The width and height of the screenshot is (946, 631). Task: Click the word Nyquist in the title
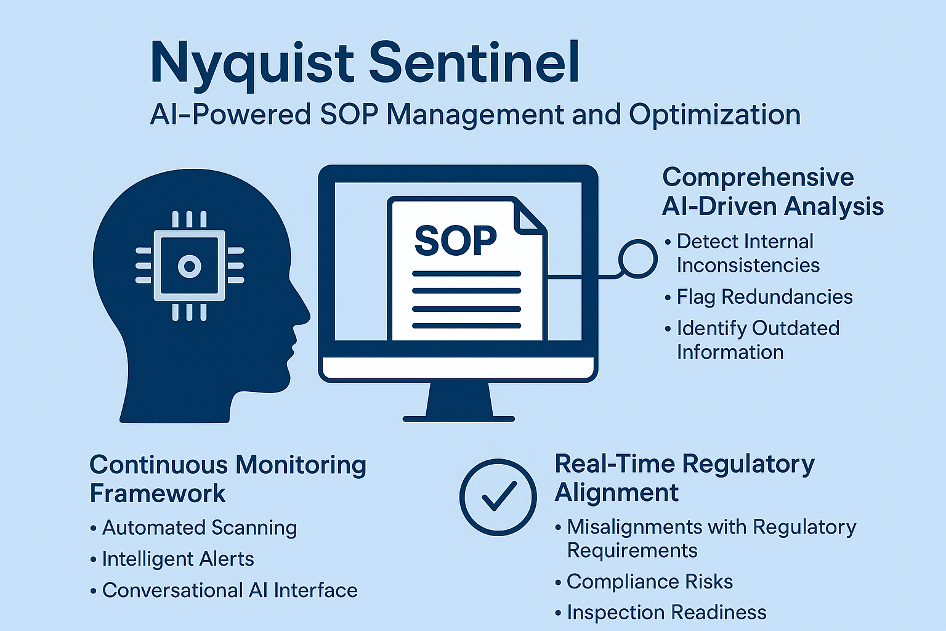[x=251, y=63]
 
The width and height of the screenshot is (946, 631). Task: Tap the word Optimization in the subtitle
[x=714, y=115]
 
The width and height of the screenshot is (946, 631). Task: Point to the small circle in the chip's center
[x=190, y=266]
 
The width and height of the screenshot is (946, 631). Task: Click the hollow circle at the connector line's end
[x=637, y=259]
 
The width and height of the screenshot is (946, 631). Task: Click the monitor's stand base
[x=458, y=418]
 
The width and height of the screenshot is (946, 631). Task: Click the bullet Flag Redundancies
[x=764, y=297]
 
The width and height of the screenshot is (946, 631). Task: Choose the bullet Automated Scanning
[x=199, y=528]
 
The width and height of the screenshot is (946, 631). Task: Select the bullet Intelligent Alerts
[x=177, y=559]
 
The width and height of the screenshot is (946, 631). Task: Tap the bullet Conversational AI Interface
[x=229, y=590]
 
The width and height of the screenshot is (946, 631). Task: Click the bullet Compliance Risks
[x=649, y=582]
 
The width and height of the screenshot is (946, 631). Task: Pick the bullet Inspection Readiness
[x=666, y=613]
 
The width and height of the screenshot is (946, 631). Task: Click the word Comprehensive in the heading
[x=758, y=177]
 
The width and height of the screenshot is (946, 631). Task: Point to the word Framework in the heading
[x=158, y=494]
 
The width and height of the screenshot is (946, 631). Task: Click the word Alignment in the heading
[x=617, y=493]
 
